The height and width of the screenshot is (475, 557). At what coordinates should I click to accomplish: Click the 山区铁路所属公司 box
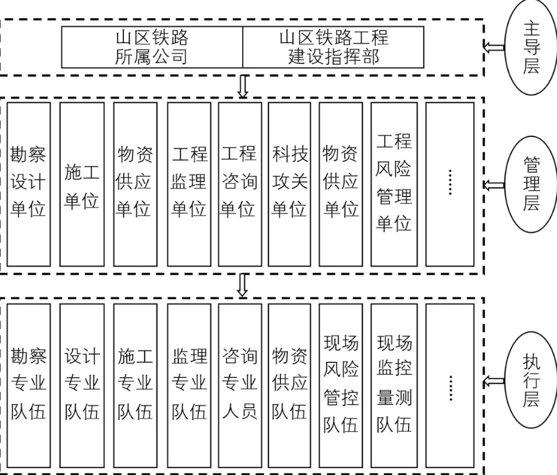[x=152, y=47]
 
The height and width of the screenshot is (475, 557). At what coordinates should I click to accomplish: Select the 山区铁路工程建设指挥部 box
[x=333, y=47]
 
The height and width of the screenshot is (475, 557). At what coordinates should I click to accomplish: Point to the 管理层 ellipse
[x=531, y=184]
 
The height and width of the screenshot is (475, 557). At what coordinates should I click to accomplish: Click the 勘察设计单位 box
[x=29, y=184]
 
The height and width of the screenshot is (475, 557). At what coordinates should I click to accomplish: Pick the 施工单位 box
[x=82, y=184]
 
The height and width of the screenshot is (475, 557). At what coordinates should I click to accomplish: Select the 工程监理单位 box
[x=189, y=184]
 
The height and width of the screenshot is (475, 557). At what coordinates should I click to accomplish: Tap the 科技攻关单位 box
[x=289, y=184]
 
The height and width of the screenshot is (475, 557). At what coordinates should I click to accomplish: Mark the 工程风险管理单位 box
[x=394, y=184]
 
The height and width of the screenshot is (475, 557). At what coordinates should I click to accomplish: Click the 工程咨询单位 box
[x=240, y=184]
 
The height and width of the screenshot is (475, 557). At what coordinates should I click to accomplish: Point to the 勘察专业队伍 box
[x=29, y=384]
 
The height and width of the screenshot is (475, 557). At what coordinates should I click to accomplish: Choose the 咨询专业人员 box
[x=240, y=384]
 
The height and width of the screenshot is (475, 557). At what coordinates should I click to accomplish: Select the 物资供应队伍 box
[x=289, y=384]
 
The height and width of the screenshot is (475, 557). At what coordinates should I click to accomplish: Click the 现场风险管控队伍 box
[x=340, y=384]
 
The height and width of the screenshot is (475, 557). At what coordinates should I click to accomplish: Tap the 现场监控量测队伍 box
[x=394, y=384]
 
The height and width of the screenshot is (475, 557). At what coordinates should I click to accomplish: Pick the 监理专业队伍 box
[x=189, y=384]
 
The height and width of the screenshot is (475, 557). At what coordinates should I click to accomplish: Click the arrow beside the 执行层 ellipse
[x=496, y=381]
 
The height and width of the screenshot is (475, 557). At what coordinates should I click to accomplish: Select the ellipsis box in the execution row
[x=449, y=384]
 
